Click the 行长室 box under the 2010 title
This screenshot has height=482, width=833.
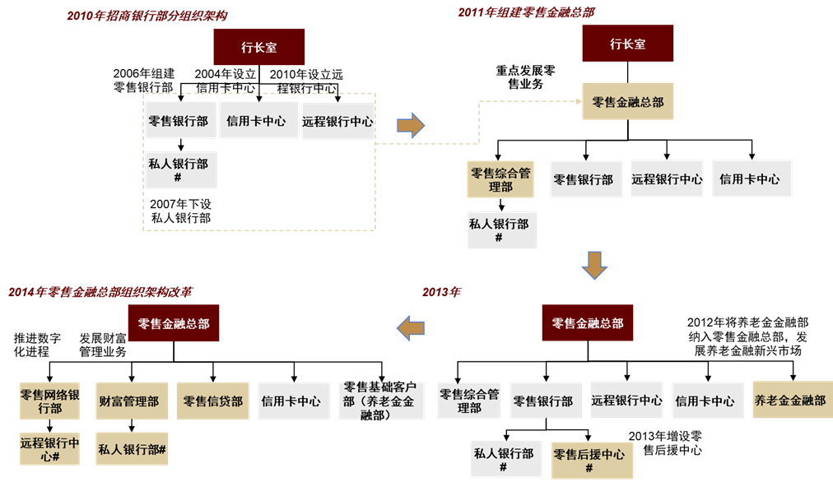[x=259, y=47]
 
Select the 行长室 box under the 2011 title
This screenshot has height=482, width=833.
[x=628, y=44]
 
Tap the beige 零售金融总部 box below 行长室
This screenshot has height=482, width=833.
[x=628, y=102]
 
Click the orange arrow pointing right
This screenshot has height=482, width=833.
[x=411, y=125]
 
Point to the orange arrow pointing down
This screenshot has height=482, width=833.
[x=594, y=265]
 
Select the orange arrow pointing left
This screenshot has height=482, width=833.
[x=410, y=327]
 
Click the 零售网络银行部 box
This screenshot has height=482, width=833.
[x=50, y=401]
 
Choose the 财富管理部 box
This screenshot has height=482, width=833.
[x=132, y=401]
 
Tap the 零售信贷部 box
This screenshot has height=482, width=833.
[x=213, y=401]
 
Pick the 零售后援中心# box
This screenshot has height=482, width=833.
[x=589, y=461]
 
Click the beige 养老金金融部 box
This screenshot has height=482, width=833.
[x=789, y=401]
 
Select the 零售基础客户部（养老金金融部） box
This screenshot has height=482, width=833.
[x=380, y=401]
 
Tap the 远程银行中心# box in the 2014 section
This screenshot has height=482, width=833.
[x=50, y=449]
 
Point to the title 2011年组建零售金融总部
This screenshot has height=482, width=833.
[x=526, y=12]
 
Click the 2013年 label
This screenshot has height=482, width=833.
[x=442, y=292]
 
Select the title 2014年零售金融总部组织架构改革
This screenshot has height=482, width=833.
[x=100, y=292]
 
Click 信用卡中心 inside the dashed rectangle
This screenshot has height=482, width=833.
[x=257, y=121]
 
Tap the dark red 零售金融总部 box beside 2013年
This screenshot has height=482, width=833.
[x=588, y=323]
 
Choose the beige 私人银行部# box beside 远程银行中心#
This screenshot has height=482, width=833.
[x=132, y=449]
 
